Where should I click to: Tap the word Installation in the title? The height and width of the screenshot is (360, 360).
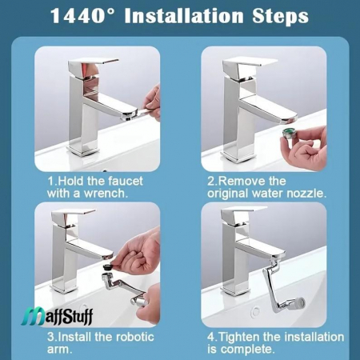(x=184, y=16)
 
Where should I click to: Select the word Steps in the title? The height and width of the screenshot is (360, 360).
(x=280, y=16)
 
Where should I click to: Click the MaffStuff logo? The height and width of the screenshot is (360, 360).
(x=58, y=316)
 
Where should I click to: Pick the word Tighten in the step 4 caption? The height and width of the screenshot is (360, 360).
(x=238, y=337)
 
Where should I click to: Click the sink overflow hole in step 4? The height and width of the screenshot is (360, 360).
(x=255, y=311)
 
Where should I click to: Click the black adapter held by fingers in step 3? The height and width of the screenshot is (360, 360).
(x=107, y=267)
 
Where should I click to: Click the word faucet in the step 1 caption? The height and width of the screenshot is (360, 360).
(x=126, y=182)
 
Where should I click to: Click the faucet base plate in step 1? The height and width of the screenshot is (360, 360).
(x=83, y=150)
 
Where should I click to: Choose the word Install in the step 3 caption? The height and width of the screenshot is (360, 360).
(x=74, y=337)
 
